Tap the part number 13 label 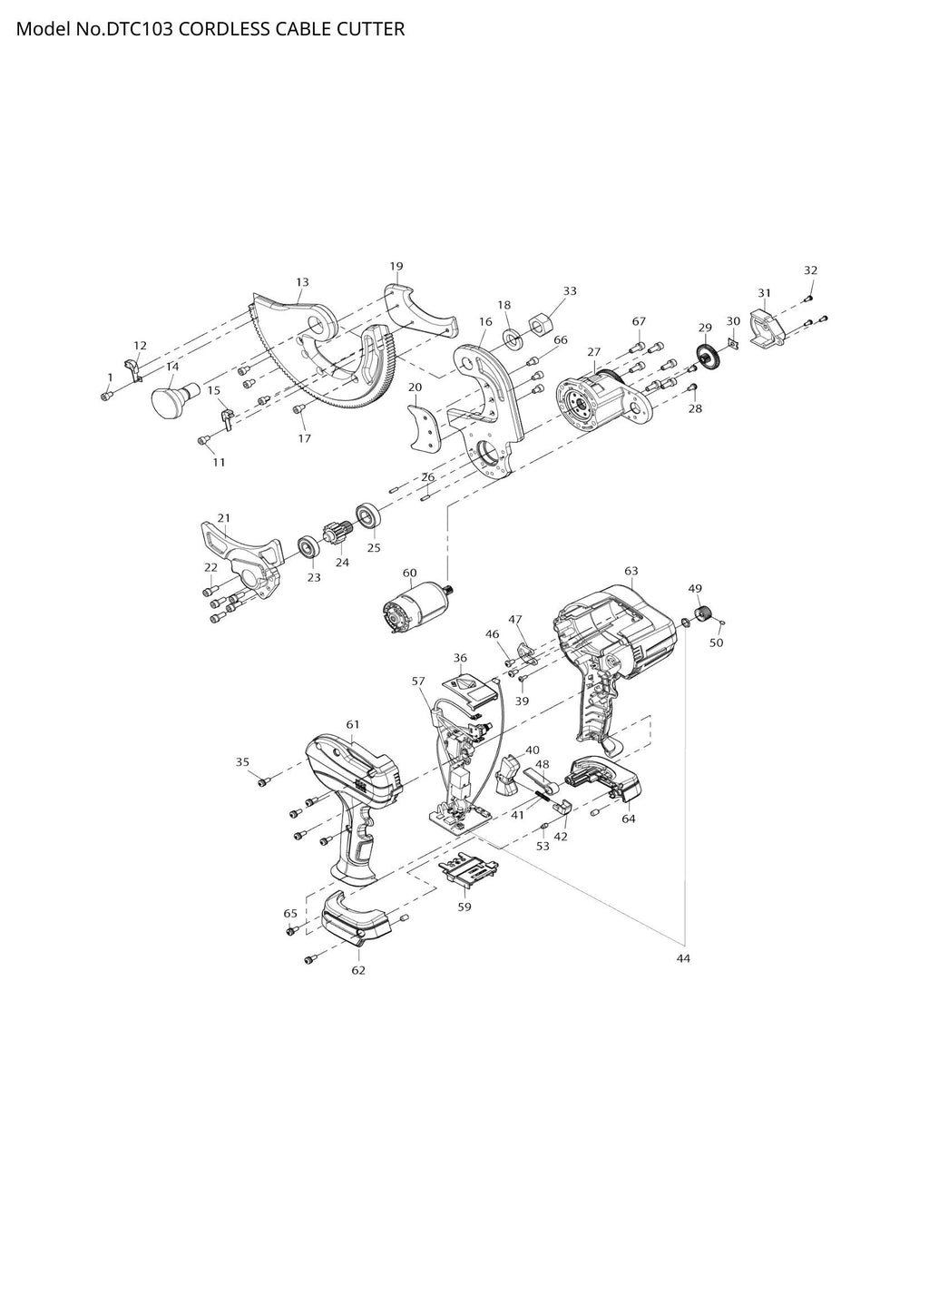point(302,282)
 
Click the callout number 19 point(396,267)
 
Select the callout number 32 point(811,270)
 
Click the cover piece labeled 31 point(768,328)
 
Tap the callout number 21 point(223,518)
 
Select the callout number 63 point(631,571)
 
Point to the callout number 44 point(683,958)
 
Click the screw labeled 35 point(262,781)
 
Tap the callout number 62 point(358,970)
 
